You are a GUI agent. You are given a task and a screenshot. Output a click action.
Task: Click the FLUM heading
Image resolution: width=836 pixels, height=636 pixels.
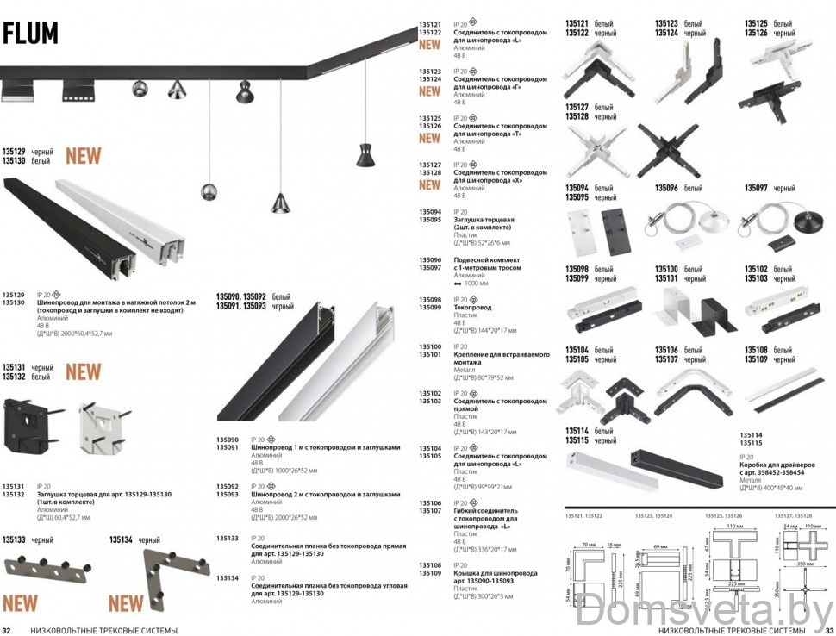tap(31, 33)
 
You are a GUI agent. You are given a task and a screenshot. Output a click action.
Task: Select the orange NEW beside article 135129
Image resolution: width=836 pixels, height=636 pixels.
tap(83, 156)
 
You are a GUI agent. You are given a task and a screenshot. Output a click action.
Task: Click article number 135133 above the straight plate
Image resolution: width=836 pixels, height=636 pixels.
tap(15, 540)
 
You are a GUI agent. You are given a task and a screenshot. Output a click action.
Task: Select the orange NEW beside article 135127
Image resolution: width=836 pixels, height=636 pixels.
tap(429, 184)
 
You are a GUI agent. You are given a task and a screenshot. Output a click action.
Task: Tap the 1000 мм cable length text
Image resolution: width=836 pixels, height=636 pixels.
tap(476, 283)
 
